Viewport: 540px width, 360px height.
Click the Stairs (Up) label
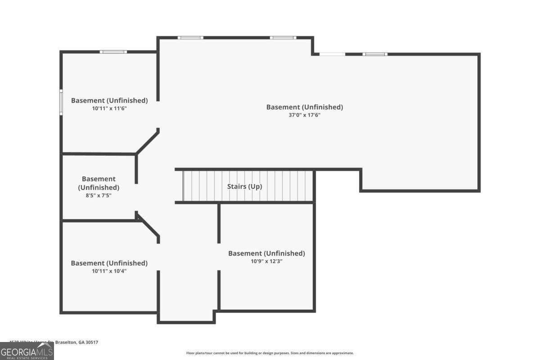(244, 186)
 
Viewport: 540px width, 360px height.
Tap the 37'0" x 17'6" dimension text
(305, 115)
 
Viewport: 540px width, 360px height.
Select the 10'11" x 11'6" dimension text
(109, 108)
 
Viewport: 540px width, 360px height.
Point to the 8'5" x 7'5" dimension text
(99, 195)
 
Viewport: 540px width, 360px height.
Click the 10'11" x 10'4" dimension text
(109, 271)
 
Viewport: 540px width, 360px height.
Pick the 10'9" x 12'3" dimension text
(266, 261)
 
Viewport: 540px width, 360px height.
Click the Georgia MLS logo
(27, 351)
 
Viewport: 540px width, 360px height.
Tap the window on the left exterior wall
(61, 103)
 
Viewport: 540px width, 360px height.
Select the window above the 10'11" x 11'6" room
(113, 52)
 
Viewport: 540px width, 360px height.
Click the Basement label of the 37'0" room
(305, 107)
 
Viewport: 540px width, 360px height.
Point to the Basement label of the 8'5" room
(99, 183)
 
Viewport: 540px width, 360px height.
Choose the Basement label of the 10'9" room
(266, 253)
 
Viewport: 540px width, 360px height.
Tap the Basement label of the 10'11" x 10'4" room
(109, 263)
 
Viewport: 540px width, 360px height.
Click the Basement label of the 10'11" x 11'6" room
(109, 100)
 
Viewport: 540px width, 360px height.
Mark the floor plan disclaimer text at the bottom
(270, 353)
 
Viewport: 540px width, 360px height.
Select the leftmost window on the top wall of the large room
(190, 38)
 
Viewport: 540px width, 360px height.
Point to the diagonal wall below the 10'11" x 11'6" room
(147, 142)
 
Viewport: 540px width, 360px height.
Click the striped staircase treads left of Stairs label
(202, 186)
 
